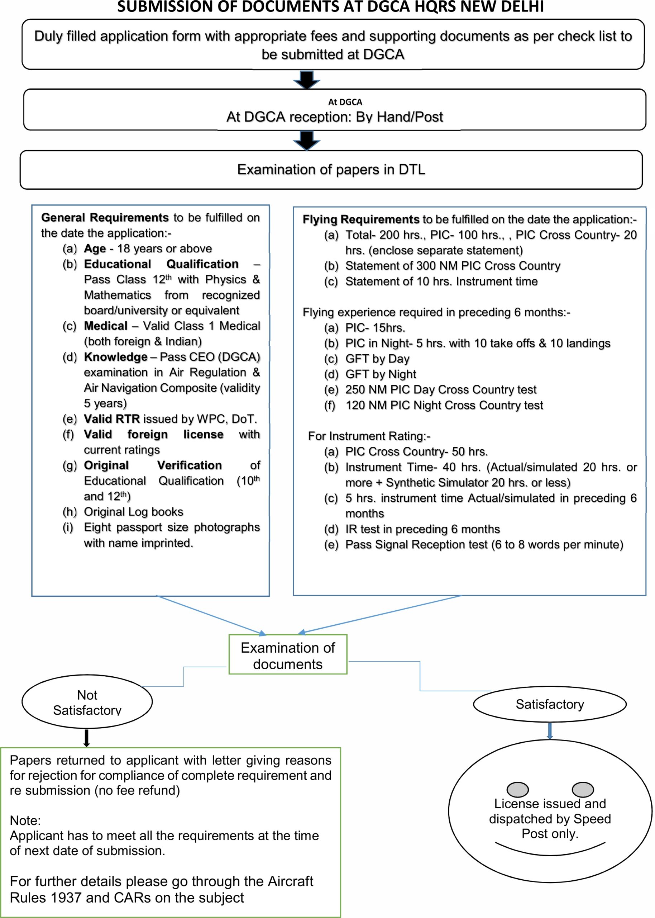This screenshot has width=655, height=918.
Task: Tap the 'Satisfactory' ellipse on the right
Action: (549, 704)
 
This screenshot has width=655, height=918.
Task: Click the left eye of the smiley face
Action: (517, 789)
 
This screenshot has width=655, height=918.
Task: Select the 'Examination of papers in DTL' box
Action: (331, 170)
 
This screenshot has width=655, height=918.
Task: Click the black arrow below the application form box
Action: (306, 80)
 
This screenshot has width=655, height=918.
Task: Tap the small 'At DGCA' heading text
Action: (345, 102)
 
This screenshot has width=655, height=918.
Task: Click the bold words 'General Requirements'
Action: (105, 218)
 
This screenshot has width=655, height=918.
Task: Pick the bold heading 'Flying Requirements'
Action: (361, 219)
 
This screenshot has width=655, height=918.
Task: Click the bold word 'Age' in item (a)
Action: (95, 249)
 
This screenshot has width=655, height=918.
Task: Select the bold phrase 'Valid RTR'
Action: (112, 419)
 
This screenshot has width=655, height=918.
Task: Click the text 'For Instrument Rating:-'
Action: (369, 436)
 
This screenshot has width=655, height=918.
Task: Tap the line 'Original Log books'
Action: (133, 512)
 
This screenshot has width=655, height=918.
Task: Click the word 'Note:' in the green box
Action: (25, 820)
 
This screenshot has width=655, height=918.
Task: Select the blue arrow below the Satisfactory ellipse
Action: (549, 731)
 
